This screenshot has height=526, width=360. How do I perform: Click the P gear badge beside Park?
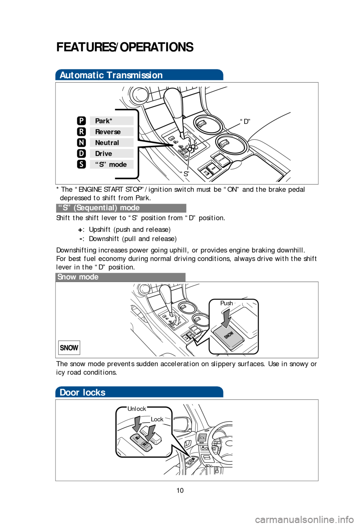click(81, 121)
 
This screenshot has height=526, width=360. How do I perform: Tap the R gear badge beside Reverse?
click(81, 132)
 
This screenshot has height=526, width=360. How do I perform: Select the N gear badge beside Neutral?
click(81, 142)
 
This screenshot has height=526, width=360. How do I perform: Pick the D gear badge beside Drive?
click(81, 153)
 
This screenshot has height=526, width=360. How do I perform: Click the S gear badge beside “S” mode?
click(81, 164)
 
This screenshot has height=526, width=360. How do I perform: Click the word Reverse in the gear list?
click(108, 132)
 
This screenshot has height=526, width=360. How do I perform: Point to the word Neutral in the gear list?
click(107, 142)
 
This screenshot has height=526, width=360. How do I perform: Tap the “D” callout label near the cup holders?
click(245, 121)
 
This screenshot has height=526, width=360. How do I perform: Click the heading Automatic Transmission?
click(111, 75)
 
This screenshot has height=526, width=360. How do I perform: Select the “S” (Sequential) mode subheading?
click(99, 208)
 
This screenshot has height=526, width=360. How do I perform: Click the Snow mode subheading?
click(78, 277)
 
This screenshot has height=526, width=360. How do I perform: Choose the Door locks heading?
click(82, 392)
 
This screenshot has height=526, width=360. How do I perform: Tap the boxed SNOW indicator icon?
click(69, 348)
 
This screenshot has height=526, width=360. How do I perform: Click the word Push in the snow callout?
click(226, 303)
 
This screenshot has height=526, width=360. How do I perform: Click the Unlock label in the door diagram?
click(136, 409)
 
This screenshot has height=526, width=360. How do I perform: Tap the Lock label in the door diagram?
click(157, 419)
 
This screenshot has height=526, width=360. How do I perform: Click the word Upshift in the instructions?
click(100, 229)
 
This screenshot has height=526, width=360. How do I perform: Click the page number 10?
click(180, 490)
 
